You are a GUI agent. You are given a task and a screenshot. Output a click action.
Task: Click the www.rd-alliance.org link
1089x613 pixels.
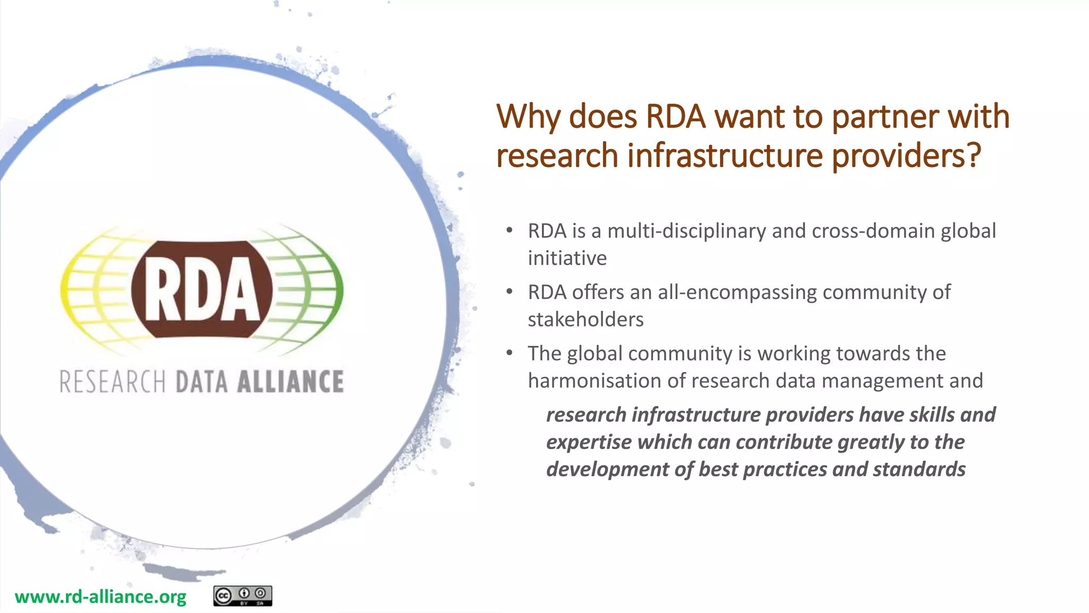pos(100,597)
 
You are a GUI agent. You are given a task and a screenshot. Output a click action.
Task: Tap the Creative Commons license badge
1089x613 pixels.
pos(242,596)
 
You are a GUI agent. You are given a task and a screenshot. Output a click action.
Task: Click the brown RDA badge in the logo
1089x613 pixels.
pos(202,289)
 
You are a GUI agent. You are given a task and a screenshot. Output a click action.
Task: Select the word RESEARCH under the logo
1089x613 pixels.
pos(112,382)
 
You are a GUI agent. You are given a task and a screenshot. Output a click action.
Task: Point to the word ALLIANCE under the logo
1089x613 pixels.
pos(290,382)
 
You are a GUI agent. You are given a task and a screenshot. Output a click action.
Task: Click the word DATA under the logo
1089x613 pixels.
pos(202,382)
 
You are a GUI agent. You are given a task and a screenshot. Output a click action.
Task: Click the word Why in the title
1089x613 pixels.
pos(527,117)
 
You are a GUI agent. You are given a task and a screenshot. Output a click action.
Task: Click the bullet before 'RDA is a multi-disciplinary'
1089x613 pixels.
pos(509,230)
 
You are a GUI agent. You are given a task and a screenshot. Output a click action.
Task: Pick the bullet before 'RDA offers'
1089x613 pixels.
pos(509,292)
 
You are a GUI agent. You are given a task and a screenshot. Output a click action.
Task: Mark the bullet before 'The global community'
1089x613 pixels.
pos(509,353)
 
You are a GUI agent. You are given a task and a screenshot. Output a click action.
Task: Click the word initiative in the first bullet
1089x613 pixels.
pos(567,259)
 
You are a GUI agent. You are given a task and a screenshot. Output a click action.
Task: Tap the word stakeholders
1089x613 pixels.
pos(585,320)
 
